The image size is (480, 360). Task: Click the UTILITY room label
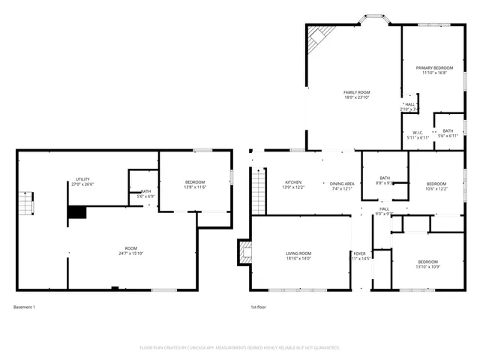tap(82, 181)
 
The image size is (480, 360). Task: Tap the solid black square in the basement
tap(77, 212)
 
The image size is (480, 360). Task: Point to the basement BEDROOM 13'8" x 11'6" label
tap(195, 184)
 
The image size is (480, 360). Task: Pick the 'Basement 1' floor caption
tap(24, 307)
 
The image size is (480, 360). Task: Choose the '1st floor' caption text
tap(258, 307)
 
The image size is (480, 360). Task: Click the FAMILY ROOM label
tap(356, 94)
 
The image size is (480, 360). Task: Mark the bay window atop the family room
tap(372, 17)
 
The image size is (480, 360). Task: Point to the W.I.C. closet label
tap(418, 135)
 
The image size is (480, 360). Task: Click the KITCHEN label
tap(293, 184)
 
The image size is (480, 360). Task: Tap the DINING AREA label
tap(342, 186)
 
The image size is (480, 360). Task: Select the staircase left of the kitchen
tap(257, 189)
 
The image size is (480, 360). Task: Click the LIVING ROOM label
tap(298, 256)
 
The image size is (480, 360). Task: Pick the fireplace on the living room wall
tap(243, 252)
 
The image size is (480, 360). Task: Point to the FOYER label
tap(361, 256)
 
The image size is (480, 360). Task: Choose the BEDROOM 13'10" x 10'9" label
tap(427, 264)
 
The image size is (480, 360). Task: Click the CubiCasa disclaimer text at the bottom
tap(240, 347)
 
